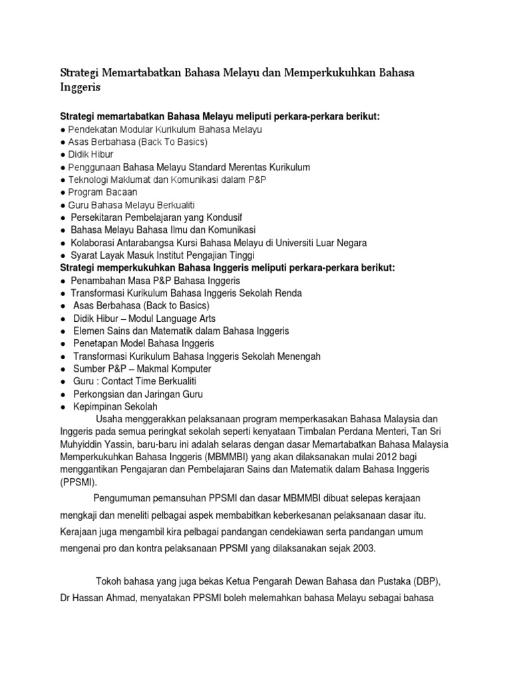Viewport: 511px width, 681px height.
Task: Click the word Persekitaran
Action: tap(100, 217)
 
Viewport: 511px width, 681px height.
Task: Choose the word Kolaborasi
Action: tap(96, 243)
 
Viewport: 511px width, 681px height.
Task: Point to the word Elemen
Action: tap(88, 331)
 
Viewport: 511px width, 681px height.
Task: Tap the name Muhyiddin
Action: tap(85, 444)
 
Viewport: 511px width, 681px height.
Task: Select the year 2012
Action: tap(386, 457)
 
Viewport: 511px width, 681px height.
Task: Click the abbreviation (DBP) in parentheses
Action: tap(427, 581)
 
